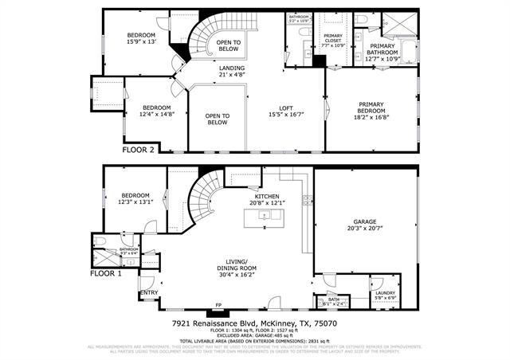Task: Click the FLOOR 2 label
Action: (140, 149)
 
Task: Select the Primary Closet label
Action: (332, 40)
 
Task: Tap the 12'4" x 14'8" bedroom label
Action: (157, 112)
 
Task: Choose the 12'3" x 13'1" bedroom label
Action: (135, 199)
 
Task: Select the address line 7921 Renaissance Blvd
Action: (255, 324)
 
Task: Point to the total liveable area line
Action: (255, 341)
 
